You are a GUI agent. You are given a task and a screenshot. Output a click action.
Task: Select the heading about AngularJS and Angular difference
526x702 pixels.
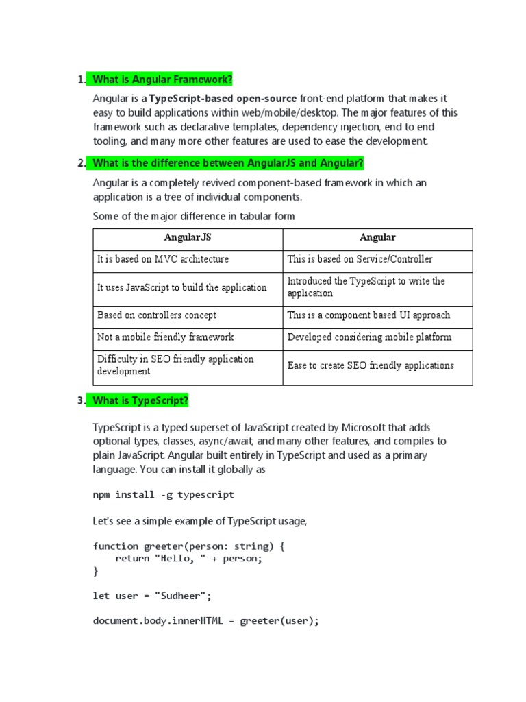(x=228, y=163)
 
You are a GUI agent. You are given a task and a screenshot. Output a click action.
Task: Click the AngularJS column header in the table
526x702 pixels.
(x=188, y=238)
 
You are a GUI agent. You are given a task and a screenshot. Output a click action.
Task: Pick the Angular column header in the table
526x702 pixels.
(x=377, y=238)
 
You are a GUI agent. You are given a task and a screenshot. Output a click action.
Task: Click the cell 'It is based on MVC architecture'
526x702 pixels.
(x=163, y=260)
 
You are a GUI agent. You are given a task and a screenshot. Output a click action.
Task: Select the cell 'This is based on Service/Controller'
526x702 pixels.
(x=360, y=260)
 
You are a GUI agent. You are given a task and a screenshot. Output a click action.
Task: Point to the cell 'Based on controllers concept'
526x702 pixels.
(x=157, y=315)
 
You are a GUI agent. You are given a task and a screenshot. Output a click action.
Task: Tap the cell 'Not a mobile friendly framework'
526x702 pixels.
(x=165, y=337)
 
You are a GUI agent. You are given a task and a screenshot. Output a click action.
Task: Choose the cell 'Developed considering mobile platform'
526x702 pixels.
(x=369, y=337)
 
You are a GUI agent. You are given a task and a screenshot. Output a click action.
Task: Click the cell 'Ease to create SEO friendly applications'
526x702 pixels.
(x=371, y=365)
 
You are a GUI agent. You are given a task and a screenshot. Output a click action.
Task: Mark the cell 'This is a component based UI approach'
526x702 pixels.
(x=368, y=315)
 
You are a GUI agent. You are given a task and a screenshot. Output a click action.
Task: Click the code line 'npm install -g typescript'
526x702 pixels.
(x=163, y=494)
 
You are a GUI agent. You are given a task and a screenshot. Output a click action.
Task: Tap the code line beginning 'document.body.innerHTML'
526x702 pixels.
(x=206, y=621)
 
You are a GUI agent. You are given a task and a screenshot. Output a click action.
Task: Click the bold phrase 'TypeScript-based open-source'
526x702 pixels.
(x=223, y=99)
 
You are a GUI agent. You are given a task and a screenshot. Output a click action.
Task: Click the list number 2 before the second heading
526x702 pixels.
(x=81, y=163)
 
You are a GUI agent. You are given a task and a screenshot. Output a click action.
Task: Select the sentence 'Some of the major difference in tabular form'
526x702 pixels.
(x=194, y=217)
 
